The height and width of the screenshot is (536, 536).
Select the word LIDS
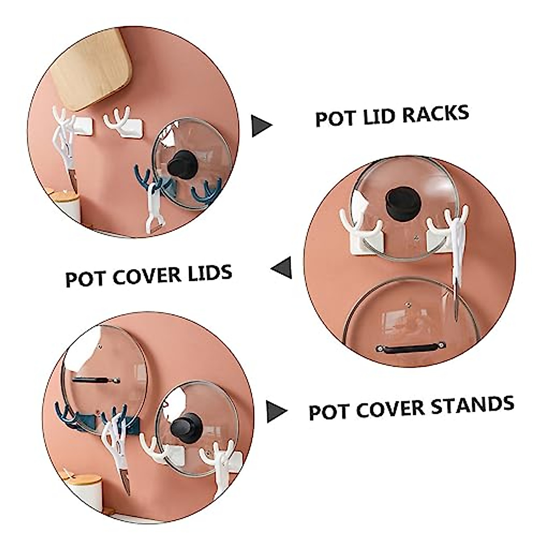[209, 273]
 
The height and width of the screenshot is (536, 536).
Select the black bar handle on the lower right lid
[412, 346]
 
